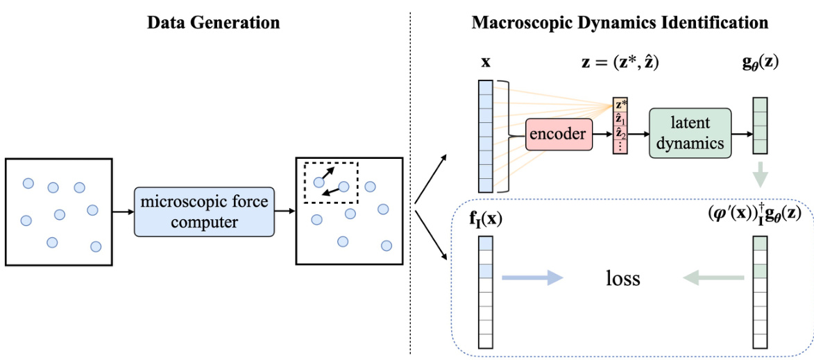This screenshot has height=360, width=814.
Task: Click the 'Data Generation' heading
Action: pos(213,22)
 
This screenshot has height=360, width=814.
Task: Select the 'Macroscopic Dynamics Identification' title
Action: pos(620,22)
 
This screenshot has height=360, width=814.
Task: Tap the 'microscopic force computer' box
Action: pos(204,212)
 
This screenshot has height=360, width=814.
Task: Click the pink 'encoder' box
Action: pos(557,134)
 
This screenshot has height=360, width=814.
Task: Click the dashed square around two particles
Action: pos(330,182)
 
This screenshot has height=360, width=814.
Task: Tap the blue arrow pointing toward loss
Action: pos(532,278)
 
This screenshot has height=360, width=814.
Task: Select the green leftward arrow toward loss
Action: pos(714,278)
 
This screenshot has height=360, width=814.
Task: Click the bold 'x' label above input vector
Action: pos(485,62)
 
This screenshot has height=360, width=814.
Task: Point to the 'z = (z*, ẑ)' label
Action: pos(620,62)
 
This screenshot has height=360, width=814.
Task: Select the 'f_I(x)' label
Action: pos(486,221)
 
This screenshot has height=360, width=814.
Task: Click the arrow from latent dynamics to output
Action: pos(742,134)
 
